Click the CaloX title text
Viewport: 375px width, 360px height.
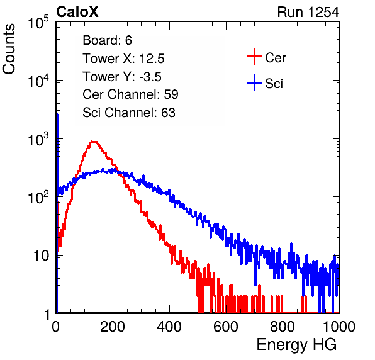[77, 12]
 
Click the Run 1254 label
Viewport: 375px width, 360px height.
[308, 12]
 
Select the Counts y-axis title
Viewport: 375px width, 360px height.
[9, 49]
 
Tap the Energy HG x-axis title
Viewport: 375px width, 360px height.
[296, 344]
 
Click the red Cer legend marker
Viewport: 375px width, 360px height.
[254, 57]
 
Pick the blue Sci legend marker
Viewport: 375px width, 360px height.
[254, 82]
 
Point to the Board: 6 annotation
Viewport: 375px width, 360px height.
[107, 40]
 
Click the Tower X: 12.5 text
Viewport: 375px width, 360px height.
[123, 59]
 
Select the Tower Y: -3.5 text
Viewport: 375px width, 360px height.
[122, 77]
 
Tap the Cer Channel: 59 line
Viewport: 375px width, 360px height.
[130, 94]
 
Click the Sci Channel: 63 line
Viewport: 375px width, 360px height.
[129, 113]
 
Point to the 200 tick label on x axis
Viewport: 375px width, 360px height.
[113, 327]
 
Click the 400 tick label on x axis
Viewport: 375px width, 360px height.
[169, 327]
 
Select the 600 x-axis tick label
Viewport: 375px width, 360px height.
[226, 327]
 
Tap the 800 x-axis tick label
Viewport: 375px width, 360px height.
[283, 327]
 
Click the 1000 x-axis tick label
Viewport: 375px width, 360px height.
[339, 327]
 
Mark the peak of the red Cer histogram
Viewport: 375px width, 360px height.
[94, 142]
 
